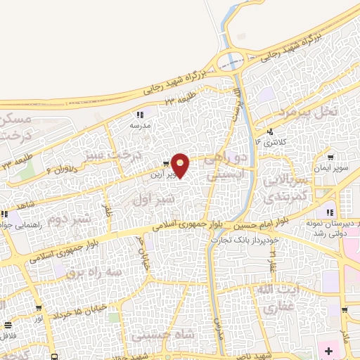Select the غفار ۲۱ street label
273,266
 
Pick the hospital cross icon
330,349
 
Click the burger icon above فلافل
8,325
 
